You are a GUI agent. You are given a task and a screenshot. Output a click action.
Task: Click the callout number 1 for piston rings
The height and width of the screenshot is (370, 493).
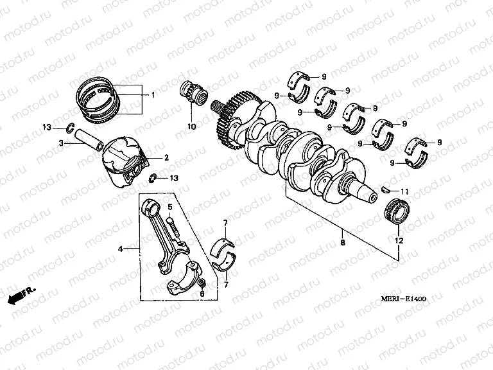(153, 95)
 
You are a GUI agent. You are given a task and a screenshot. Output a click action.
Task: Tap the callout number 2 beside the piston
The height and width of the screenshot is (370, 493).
(166, 157)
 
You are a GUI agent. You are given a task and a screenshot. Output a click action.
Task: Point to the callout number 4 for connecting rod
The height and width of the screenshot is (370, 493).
(119, 247)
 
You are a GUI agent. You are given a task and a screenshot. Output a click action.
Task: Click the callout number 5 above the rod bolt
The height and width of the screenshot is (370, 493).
(170, 207)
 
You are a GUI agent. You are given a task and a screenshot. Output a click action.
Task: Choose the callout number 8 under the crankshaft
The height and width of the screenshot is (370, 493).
(343, 243)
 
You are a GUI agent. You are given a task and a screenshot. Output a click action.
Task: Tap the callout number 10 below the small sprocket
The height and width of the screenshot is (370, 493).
(191, 127)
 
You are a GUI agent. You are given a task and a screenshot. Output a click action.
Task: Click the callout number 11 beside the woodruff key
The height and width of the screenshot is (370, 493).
(404, 192)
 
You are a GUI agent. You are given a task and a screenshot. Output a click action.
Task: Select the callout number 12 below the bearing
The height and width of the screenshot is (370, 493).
(398, 240)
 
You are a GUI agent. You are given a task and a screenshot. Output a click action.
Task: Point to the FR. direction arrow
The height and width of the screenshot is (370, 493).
(21, 295)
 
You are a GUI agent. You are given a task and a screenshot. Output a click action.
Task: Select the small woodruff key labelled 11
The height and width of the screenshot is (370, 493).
(386, 189)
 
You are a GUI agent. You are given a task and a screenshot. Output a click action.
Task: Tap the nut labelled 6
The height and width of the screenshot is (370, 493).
(202, 283)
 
